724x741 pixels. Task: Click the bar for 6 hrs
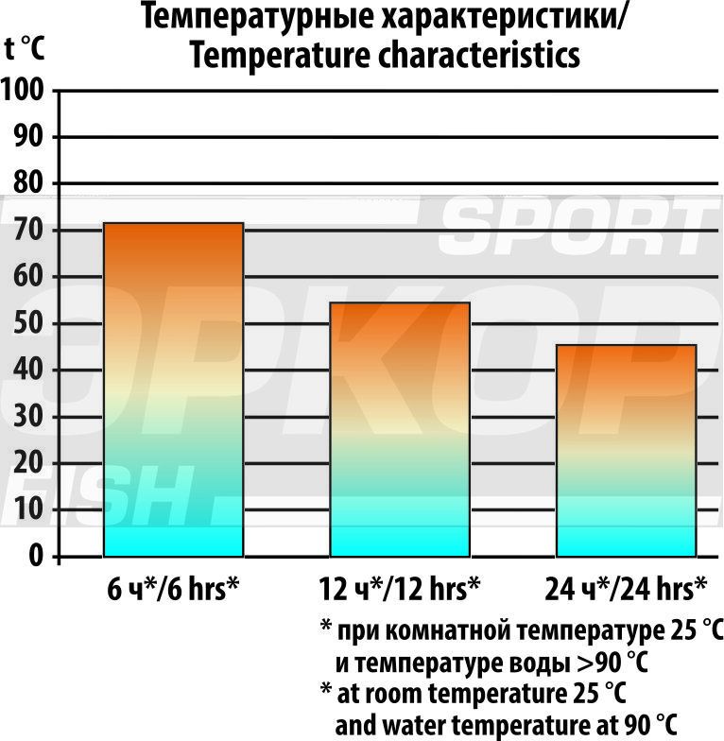point(173,389)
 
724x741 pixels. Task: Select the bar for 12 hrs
point(399,429)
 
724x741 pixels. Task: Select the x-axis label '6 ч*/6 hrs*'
point(173,589)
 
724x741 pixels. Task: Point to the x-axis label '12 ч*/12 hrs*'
point(399,589)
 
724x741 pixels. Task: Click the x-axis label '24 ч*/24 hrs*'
point(626,589)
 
